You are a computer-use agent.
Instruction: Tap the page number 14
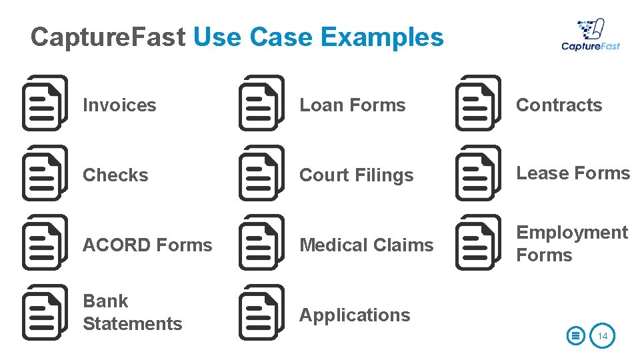(603, 336)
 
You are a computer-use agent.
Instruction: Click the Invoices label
(119, 105)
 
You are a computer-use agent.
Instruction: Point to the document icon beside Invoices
(45, 103)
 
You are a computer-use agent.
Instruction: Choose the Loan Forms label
(352, 105)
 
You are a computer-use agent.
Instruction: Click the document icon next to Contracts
(478, 103)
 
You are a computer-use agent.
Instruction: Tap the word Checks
(115, 175)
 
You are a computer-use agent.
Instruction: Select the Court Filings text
(357, 175)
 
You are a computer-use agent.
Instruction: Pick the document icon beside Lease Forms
(478, 173)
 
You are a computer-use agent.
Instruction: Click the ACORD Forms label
(147, 245)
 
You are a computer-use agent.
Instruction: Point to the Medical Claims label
(366, 245)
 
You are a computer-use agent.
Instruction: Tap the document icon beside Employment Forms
(478, 243)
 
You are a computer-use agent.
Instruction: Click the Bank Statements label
(132, 313)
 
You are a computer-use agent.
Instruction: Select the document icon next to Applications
(261, 313)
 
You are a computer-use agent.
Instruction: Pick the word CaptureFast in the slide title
(107, 37)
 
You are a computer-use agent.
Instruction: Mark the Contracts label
(559, 105)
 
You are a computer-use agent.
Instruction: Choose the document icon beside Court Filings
(261, 173)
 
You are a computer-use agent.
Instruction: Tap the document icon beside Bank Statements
(45, 313)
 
